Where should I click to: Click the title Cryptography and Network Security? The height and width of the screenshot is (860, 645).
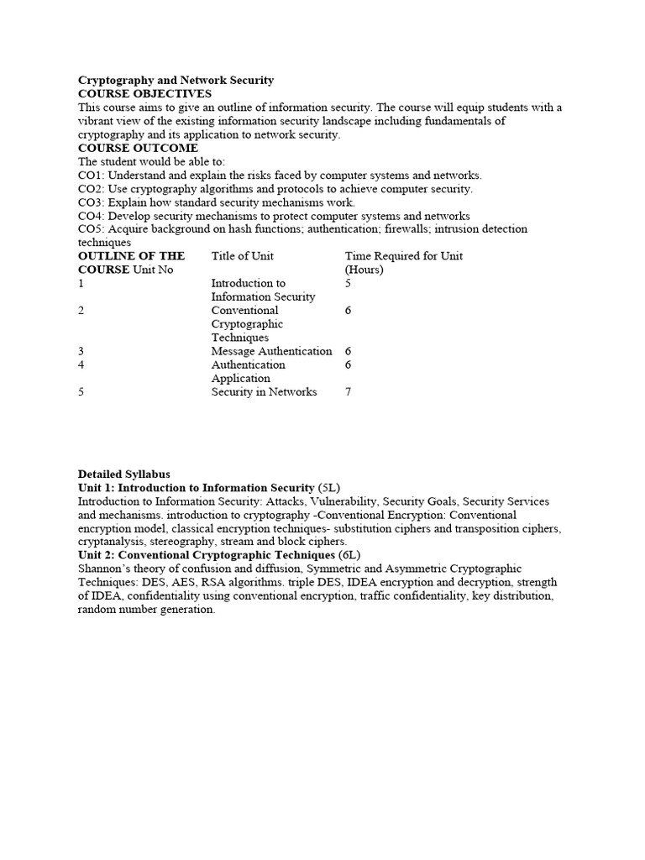tap(176, 81)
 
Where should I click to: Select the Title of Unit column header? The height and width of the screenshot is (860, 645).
tap(242, 256)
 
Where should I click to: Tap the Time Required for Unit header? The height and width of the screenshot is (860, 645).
tap(403, 256)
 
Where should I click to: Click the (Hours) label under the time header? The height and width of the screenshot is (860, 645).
tap(364, 270)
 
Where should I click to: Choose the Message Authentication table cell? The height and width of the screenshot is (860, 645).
tap(271, 351)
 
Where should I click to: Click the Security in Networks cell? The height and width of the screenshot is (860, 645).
tap(264, 391)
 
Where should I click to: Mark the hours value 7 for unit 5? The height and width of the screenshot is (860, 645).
tap(349, 391)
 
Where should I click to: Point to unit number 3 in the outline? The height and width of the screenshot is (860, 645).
tap(81, 351)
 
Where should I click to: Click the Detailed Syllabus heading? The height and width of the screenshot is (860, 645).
tap(123, 475)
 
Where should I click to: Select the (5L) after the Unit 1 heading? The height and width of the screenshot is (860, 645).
tap(329, 488)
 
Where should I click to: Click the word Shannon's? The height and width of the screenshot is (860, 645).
tap(106, 569)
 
